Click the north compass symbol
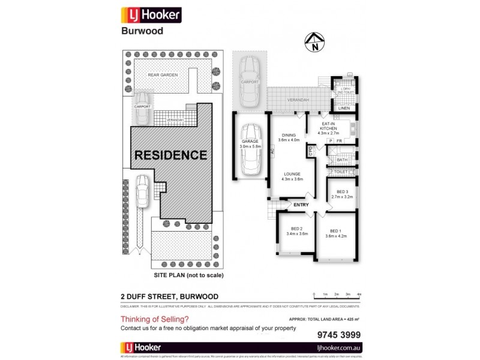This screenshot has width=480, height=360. [x=314, y=43]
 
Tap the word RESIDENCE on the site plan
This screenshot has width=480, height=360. [x=170, y=155]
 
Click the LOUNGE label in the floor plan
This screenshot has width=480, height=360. [x=293, y=176]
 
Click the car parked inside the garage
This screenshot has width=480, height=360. [x=251, y=149]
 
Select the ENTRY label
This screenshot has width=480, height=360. [x=301, y=206]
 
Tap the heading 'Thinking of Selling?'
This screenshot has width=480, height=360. [x=155, y=319]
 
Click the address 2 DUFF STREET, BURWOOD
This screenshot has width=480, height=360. [x=169, y=296]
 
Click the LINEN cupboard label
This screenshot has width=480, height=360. [x=343, y=109]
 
